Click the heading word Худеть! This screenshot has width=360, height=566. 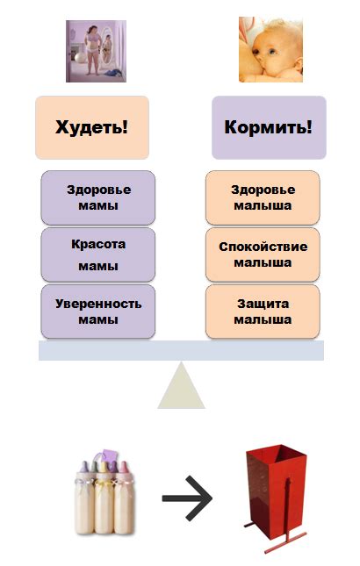(91, 127)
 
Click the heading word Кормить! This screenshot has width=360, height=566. (269, 127)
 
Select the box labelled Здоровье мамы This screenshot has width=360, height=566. (97, 197)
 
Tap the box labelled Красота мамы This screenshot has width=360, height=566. (97, 254)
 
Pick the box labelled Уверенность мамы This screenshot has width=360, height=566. (97, 312)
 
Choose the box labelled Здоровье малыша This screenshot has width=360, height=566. (263, 197)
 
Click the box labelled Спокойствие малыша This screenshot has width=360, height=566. (263, 254)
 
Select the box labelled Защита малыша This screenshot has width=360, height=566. (263, 312)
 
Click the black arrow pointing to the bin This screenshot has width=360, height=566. (187, 498)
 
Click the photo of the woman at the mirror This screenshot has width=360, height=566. (96, 51)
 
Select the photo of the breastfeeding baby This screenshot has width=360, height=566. (270, 50)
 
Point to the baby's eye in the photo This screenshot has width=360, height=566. (271, 51)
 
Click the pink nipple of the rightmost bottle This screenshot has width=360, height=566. (124, 467)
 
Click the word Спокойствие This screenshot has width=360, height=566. (263, 247)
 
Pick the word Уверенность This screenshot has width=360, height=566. (98, 304)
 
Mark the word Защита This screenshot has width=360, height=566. (263, 304)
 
